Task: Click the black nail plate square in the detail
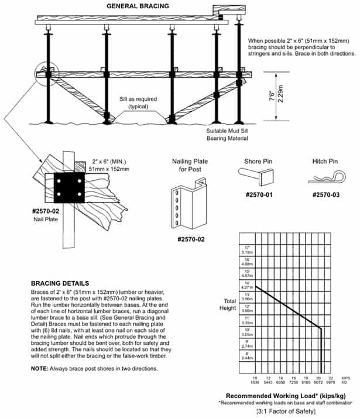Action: coord(70,189)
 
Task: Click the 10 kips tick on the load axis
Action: coord(255,378)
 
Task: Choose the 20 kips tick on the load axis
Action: coord(319,378)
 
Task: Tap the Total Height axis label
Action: coord(227,304)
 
